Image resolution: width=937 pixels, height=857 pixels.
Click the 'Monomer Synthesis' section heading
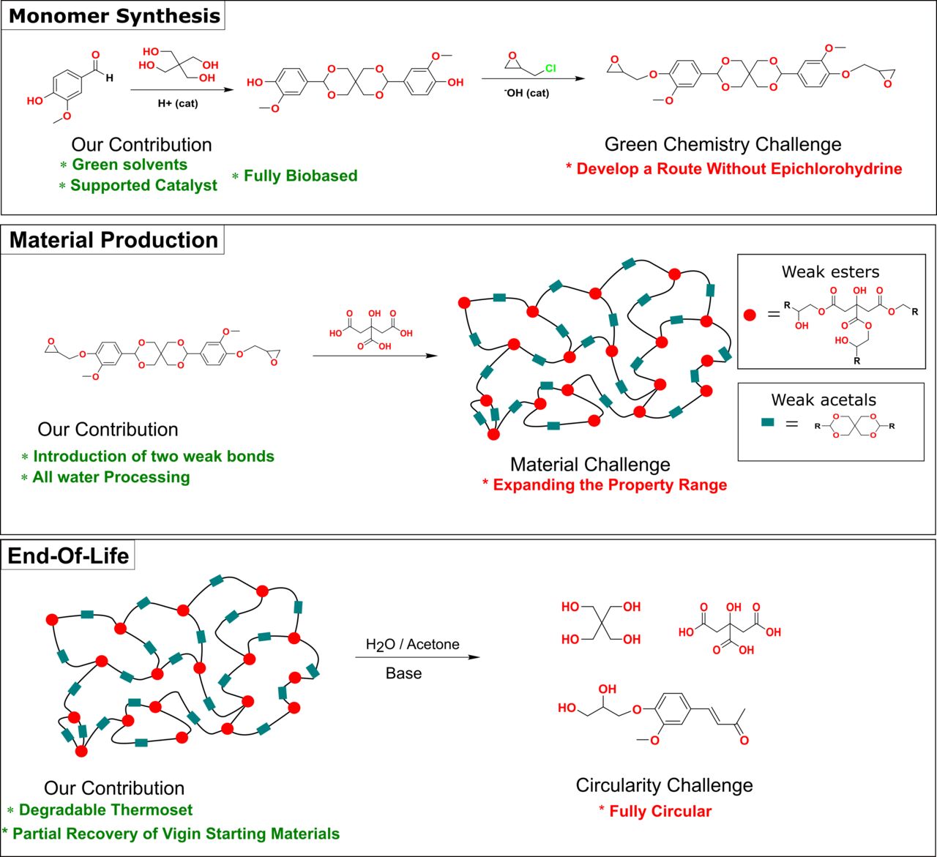114,16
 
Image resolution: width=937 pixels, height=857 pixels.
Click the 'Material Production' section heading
113,240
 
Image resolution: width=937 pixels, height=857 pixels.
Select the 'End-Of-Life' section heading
68,555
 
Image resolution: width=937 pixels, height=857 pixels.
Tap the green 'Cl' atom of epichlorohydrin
550,69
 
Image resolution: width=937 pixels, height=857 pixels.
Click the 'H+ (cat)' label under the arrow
178,103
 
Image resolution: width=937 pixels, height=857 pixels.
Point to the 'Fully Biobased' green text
300,176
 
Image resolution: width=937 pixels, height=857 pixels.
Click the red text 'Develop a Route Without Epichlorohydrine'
739,169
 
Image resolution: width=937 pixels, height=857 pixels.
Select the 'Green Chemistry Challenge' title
723,144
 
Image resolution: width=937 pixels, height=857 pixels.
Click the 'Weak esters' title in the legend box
830,272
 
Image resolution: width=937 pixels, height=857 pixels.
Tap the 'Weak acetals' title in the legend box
824,400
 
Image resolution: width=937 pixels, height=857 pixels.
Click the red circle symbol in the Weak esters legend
750,315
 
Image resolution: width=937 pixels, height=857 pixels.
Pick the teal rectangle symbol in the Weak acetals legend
768,422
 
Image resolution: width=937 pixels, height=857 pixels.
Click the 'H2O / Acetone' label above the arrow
413,645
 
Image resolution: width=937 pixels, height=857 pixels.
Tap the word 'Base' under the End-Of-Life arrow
403,673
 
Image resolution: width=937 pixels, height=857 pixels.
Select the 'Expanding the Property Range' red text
609,485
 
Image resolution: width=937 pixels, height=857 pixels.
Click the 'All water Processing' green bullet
111,477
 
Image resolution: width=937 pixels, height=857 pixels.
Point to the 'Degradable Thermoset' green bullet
105,810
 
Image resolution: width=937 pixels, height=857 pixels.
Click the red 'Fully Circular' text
660,811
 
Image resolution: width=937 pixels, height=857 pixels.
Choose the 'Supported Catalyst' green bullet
143,185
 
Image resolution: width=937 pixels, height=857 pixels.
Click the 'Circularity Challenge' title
664,785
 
